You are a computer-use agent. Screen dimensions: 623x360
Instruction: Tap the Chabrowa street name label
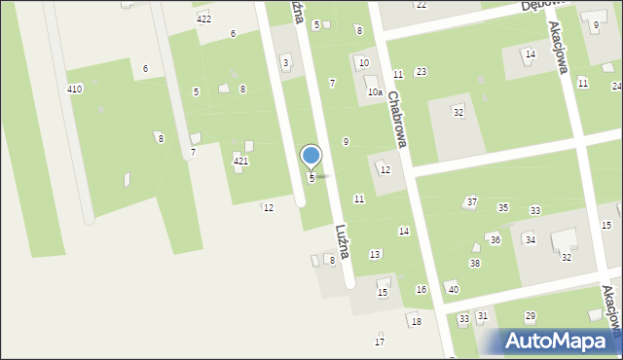point(396,121)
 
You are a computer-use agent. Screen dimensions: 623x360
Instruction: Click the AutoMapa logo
point(562,341)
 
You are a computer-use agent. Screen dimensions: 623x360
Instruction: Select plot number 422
point(203,19)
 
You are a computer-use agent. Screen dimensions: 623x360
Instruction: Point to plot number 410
point(74,89)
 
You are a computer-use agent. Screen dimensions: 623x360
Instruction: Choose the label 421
point(240,161)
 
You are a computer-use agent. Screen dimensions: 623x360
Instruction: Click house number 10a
point(374,92)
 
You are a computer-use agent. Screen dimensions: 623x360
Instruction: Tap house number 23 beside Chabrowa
point(421,72)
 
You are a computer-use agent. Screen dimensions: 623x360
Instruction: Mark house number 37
point(472,201)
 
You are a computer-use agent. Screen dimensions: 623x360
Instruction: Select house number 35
point(503,208)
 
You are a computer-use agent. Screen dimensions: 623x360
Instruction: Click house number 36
point(495,239)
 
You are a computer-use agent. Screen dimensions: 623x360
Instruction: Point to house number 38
point(475,264)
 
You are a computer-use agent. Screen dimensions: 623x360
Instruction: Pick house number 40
point(453,289)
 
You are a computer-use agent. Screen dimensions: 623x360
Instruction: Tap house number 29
point(531,316)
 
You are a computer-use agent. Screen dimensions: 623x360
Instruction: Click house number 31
point(482,317)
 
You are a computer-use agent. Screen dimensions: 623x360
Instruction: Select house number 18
point(417,322)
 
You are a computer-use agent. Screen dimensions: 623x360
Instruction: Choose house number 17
point(380,342)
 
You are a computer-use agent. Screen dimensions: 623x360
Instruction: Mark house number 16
point(421,290)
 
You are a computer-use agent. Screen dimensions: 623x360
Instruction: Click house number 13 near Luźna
point(375,255)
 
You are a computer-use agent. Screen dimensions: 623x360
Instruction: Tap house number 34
point(531,239)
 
